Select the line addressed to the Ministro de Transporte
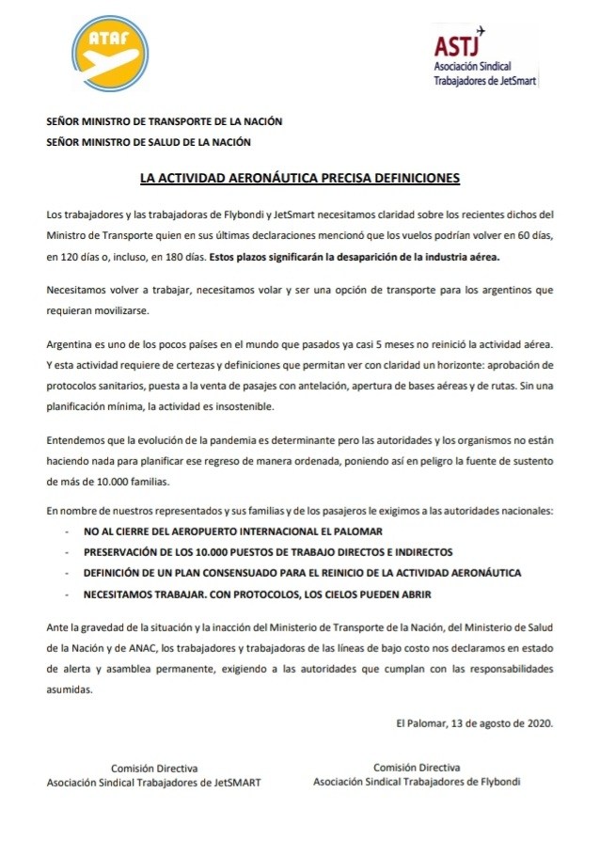165,121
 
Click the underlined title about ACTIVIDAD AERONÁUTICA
300,177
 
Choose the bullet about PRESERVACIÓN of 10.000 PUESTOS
260,552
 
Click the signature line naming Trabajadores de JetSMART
154,781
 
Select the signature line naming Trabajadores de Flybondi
417,781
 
